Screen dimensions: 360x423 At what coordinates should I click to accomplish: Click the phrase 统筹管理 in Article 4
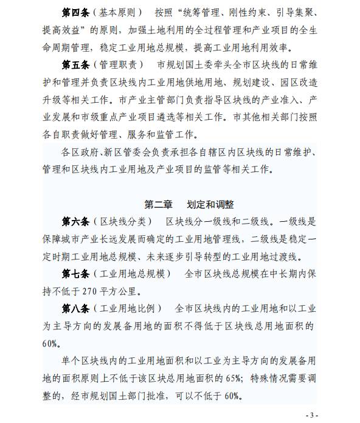coord(207,13)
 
